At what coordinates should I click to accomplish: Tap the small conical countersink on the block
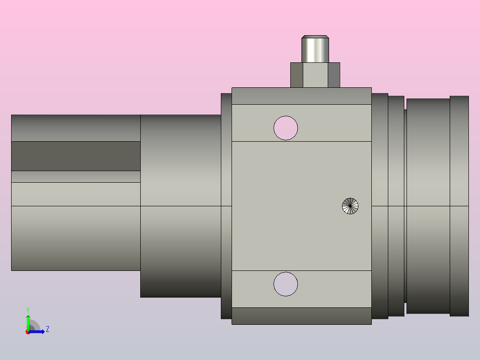coord(350,206)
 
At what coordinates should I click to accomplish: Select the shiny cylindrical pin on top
coord(315,49)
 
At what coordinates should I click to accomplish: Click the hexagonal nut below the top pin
coord(315,75)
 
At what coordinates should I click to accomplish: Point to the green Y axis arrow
coord(28,322)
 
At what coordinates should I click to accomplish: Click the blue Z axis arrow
coord(36,331)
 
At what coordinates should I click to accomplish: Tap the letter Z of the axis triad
coord(48,329)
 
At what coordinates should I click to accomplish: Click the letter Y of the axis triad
coord(28,310)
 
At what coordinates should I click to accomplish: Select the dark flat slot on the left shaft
coord(76,156)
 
